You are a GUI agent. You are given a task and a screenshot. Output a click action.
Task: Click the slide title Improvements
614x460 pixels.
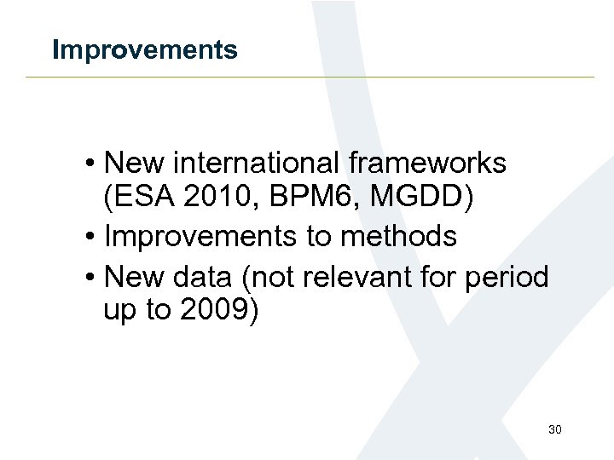point(144,50)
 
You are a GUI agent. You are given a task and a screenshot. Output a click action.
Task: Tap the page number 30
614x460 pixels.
point(554,429)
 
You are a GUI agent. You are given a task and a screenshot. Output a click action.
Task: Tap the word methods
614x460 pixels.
point(398,237)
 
